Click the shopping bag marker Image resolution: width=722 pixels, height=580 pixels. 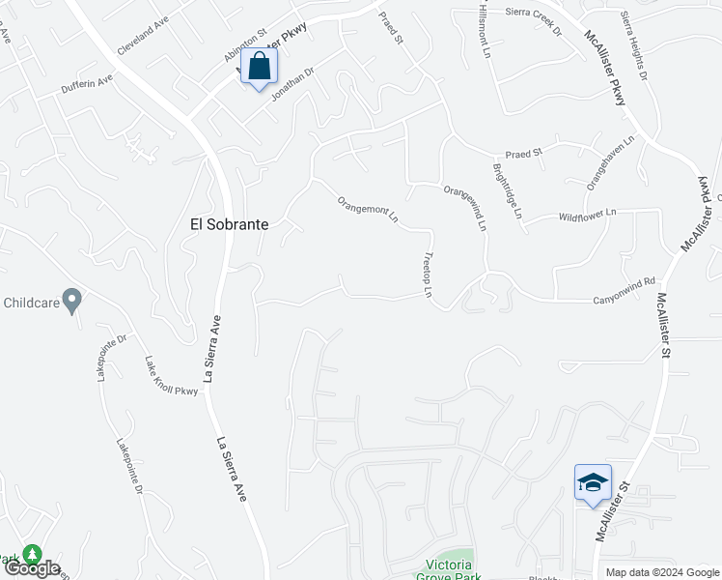pyautogui.click(x=259, y=68)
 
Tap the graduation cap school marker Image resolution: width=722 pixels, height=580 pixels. pyautogui.click(x=592, y=483)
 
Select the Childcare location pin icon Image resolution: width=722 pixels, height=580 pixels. pyautogui.click(x=70, y=300)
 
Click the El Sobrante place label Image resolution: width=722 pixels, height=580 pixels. pyautogui.click(x=229, y=223)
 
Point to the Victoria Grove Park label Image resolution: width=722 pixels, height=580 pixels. pyautogui.click(x=444, y=569)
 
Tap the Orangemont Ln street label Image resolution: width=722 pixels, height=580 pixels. pyautogui.click(x=368, y=210)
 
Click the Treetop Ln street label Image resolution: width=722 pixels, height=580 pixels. pyautogui.click(x=427, y=275)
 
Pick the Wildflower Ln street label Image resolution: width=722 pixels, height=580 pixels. pyautogui.click(x=587, y=217)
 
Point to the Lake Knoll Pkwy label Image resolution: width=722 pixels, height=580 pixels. pyautogui.click(x=171, y=376)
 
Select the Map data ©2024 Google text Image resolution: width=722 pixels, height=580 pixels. pyautogui.click(x=661, y=572)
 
